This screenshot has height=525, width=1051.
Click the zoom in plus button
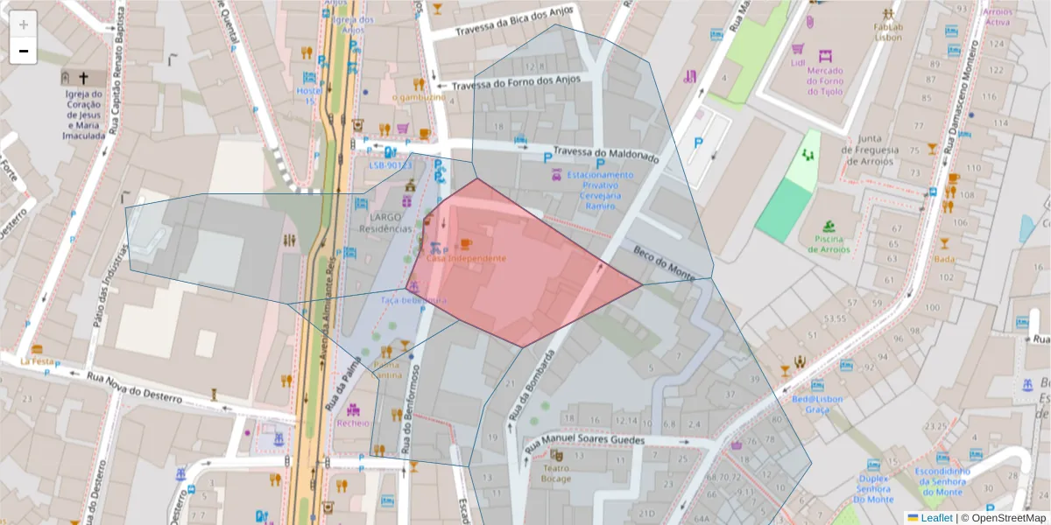pyautogui.click(x=23, y=24)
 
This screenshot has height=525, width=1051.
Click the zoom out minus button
pyautogui.click(x=23, y=51)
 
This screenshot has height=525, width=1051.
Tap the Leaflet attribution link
pyautogui.click(x=935, y=518)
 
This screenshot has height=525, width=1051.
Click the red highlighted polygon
pyautogui.click(x=525, y=280)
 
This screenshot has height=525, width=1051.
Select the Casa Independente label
pyautogui.click(x=466, y=258)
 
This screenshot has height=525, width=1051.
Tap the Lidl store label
pyautogui.click(x=797, y=63)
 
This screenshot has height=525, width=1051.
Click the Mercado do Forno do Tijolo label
pyautogui.click(x=824, y=80)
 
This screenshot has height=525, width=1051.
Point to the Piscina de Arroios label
pyautogui.click(x=829, y=243)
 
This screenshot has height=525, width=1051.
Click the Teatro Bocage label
pyautogui.click(x=555, y=472)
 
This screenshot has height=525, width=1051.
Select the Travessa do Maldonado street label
pyautogui.click(x=605, y=154)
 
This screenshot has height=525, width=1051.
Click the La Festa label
pyautogui.click(x=38, y=360)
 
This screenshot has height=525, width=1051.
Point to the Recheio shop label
pyautogui.click(x=353, y=423)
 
